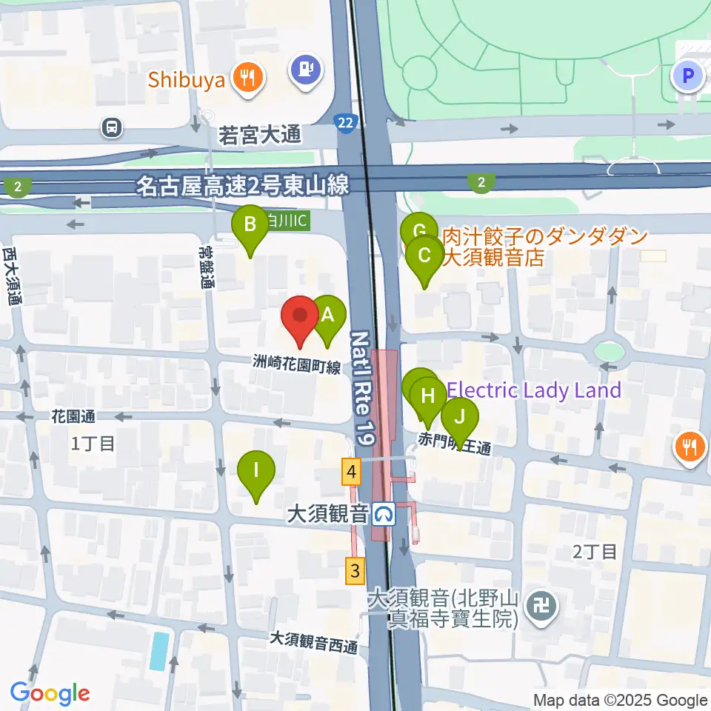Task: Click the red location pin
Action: [x=300, y=317]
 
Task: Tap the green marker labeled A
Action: [x=330, y=316]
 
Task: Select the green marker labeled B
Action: [x=250, y=225]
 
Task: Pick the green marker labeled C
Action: [x=425, y=257]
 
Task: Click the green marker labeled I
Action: [x=256, y=471]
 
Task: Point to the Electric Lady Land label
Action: [x=535, y=390]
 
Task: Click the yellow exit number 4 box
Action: [x=352, y=472]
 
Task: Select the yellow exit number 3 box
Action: [x=356, y=570]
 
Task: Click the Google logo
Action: [x=50, y=693]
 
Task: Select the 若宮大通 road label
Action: [x=260, y=135]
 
